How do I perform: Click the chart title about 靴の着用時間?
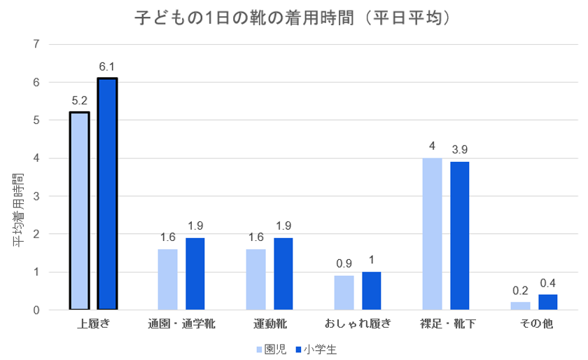tap(292, 19)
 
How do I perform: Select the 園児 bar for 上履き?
tap(79, 210)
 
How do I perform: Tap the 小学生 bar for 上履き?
tap(107, 193)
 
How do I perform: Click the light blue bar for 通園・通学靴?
tap(167, 279)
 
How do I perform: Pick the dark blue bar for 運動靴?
tap(283, 273)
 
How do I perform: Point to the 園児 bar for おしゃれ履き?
tap(344, 292)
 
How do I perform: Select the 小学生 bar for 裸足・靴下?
tap(460, 235)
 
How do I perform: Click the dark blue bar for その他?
tap(548, 302)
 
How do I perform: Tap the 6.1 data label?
tap(107, 67)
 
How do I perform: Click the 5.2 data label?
tap(79, 101)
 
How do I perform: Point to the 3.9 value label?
tap(460, 151)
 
